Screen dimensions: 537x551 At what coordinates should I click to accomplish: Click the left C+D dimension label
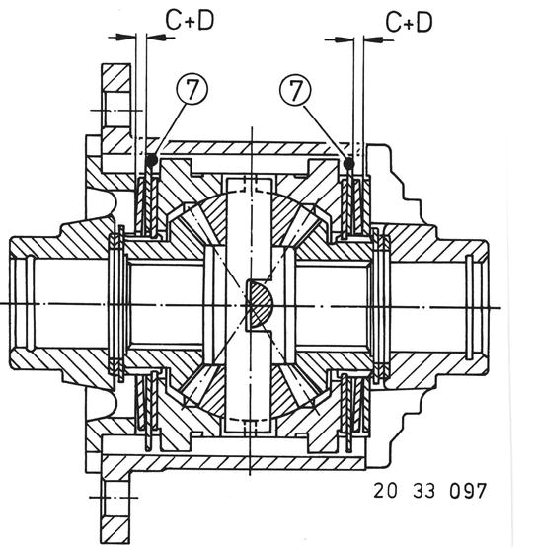tap(190, 21)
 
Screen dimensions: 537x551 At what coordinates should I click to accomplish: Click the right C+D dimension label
tap(409, 23)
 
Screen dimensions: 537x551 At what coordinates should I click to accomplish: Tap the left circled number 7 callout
tap(192, 89)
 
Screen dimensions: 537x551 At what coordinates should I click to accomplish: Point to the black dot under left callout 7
tap(151, 160)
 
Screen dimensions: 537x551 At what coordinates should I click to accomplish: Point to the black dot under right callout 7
tap(348, 163)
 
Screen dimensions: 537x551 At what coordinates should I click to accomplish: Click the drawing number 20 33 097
tap(429, 491)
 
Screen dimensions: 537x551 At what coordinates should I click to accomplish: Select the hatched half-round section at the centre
tap(260, 305)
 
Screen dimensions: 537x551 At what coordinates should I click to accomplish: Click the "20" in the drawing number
tap(385, 491)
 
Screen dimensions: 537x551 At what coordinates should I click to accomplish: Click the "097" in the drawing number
tap(468, 491)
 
